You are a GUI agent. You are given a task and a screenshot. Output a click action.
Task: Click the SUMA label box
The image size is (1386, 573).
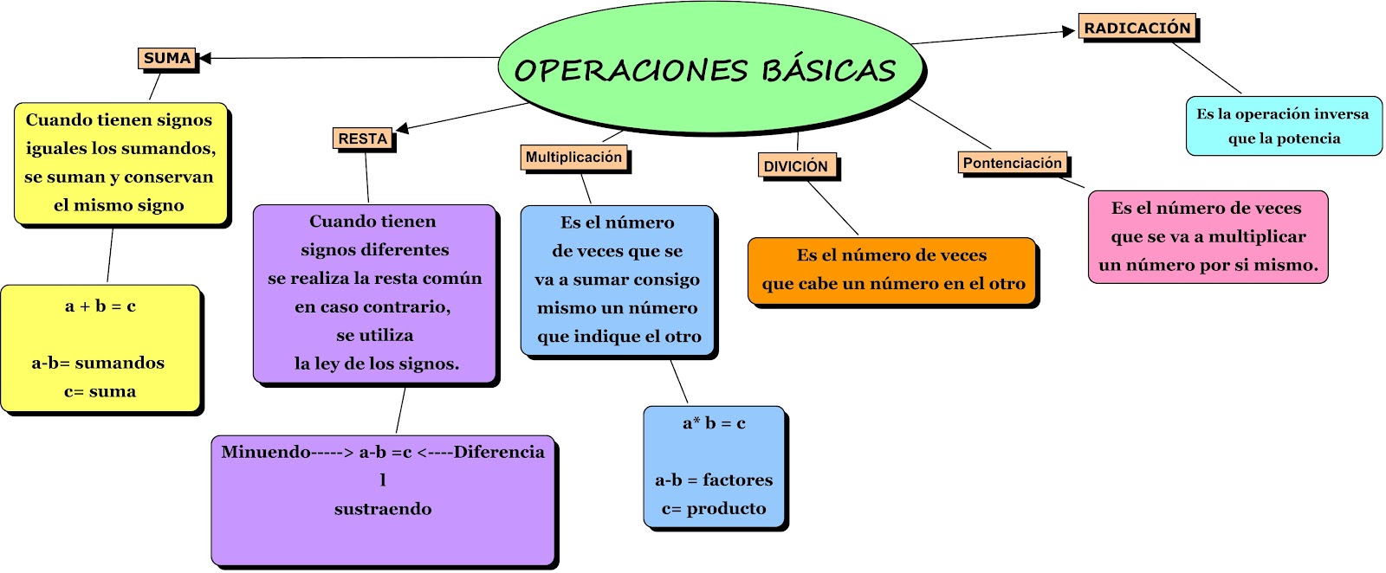tap(167, 59)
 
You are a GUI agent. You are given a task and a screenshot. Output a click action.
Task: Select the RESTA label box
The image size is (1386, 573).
tap(363, 138)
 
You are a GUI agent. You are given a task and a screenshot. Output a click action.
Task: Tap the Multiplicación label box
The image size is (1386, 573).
tap(573, 158)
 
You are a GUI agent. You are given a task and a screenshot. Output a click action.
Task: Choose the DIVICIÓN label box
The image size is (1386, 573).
tap(796, 166)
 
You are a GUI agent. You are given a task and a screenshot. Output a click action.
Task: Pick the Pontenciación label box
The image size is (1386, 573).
tap(1013, 164)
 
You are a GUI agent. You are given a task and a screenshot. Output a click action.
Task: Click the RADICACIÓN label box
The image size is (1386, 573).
tap(1137, 28)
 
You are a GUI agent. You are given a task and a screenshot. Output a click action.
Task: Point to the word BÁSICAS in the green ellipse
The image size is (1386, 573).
tap(829, 70)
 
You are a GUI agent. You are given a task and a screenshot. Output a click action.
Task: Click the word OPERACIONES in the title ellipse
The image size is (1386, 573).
tap(630, 70)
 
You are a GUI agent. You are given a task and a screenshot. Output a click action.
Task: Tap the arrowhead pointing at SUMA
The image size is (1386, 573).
tap(204, 59)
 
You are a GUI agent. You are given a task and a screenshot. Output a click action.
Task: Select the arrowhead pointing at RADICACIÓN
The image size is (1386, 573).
tap(1069, 32)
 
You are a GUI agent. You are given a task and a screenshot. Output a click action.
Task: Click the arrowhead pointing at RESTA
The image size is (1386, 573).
tap(402, 129)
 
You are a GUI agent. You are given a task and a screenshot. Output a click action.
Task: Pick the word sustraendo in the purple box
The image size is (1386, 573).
tap(383, 509)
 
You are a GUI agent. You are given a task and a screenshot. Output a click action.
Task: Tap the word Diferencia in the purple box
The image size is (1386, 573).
tap(499, 452)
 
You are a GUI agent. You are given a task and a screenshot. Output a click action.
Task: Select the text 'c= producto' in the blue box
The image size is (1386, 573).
tap(714, 509)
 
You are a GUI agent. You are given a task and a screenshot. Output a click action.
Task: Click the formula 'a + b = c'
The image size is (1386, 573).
tap(100, 306)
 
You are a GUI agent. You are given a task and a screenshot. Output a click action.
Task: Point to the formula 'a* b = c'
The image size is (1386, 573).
tap(714, 423)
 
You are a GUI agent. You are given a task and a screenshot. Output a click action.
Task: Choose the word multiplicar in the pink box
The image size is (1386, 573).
tap(1257, 237)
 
